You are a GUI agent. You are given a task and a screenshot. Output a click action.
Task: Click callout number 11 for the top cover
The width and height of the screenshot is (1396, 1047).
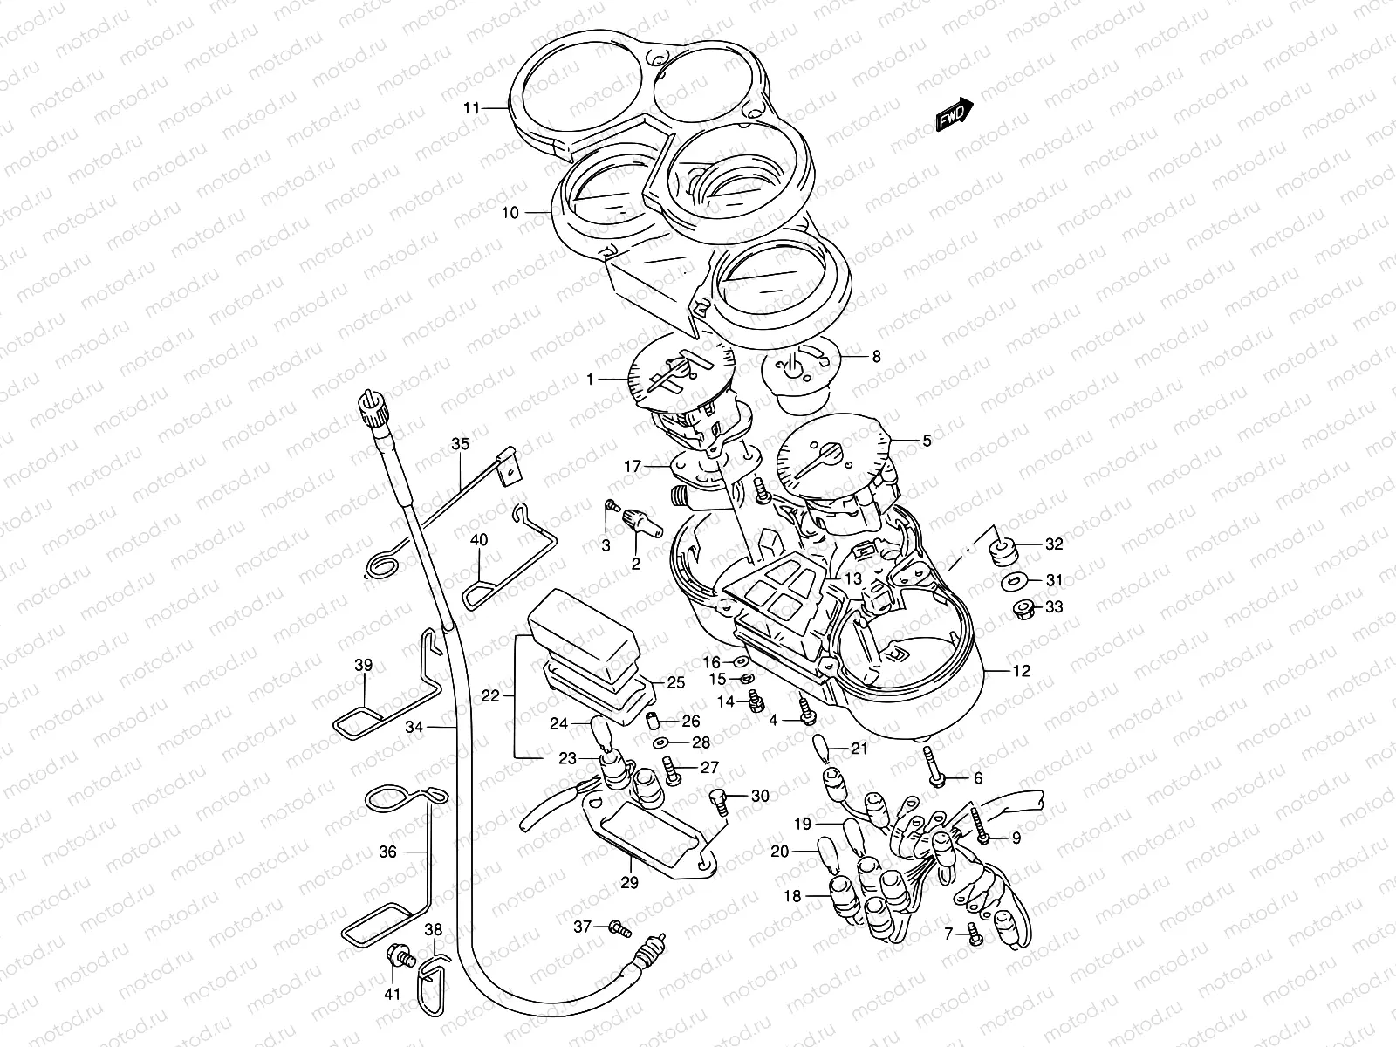pyautogui.click(x=472, y=108)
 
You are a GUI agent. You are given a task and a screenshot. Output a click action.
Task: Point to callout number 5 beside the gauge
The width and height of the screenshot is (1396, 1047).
pyautogui.click(x=927, y=441)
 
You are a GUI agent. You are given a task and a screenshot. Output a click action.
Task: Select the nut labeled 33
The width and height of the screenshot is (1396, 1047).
pyautogui.click(x=1021, y=607)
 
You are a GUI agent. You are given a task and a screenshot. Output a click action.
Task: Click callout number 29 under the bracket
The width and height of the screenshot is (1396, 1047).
pyautogui.click(x=629, y=883)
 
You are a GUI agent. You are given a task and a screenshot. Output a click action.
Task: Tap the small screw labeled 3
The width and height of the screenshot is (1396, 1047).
pyautogui.click(x=612, y=505)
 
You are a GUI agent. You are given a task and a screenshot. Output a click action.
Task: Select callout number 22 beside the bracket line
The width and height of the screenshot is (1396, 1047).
pyautogui.click(x=490, y=695)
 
